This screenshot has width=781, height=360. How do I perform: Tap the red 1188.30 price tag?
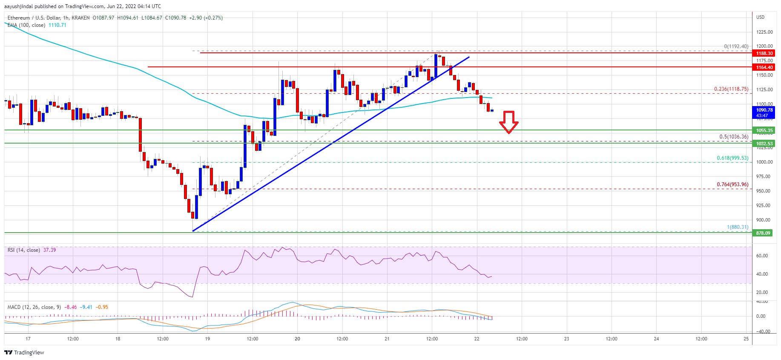click(764, 53)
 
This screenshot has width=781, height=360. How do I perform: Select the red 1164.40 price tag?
click(764, 67)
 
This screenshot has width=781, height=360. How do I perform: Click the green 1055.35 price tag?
click(764, 130)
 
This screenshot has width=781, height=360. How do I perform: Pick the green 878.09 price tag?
click(763, 233)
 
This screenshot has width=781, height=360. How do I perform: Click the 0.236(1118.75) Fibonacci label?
click(731, 89)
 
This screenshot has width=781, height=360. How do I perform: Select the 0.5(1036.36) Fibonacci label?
click(733, 137)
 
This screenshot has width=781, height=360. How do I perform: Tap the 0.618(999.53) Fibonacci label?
click(732, 158)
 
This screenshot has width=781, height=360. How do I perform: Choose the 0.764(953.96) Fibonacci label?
click(732, 184)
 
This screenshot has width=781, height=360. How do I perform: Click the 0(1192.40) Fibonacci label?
click(736, 46)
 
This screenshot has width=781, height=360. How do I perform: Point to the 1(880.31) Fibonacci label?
click(737, 227)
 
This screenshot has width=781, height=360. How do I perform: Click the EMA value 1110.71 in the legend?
click(57, 25)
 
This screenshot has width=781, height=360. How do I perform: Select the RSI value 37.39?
click(49, 250)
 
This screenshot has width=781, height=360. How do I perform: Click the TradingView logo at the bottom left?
click(24, 352)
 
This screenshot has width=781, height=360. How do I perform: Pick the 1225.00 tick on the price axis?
click(764, 32)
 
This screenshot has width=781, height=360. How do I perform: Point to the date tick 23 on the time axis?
click(566, 339)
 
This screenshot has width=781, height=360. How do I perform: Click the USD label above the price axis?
click(760, 17)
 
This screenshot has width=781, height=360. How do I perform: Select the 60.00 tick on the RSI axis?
click(762, 256)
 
